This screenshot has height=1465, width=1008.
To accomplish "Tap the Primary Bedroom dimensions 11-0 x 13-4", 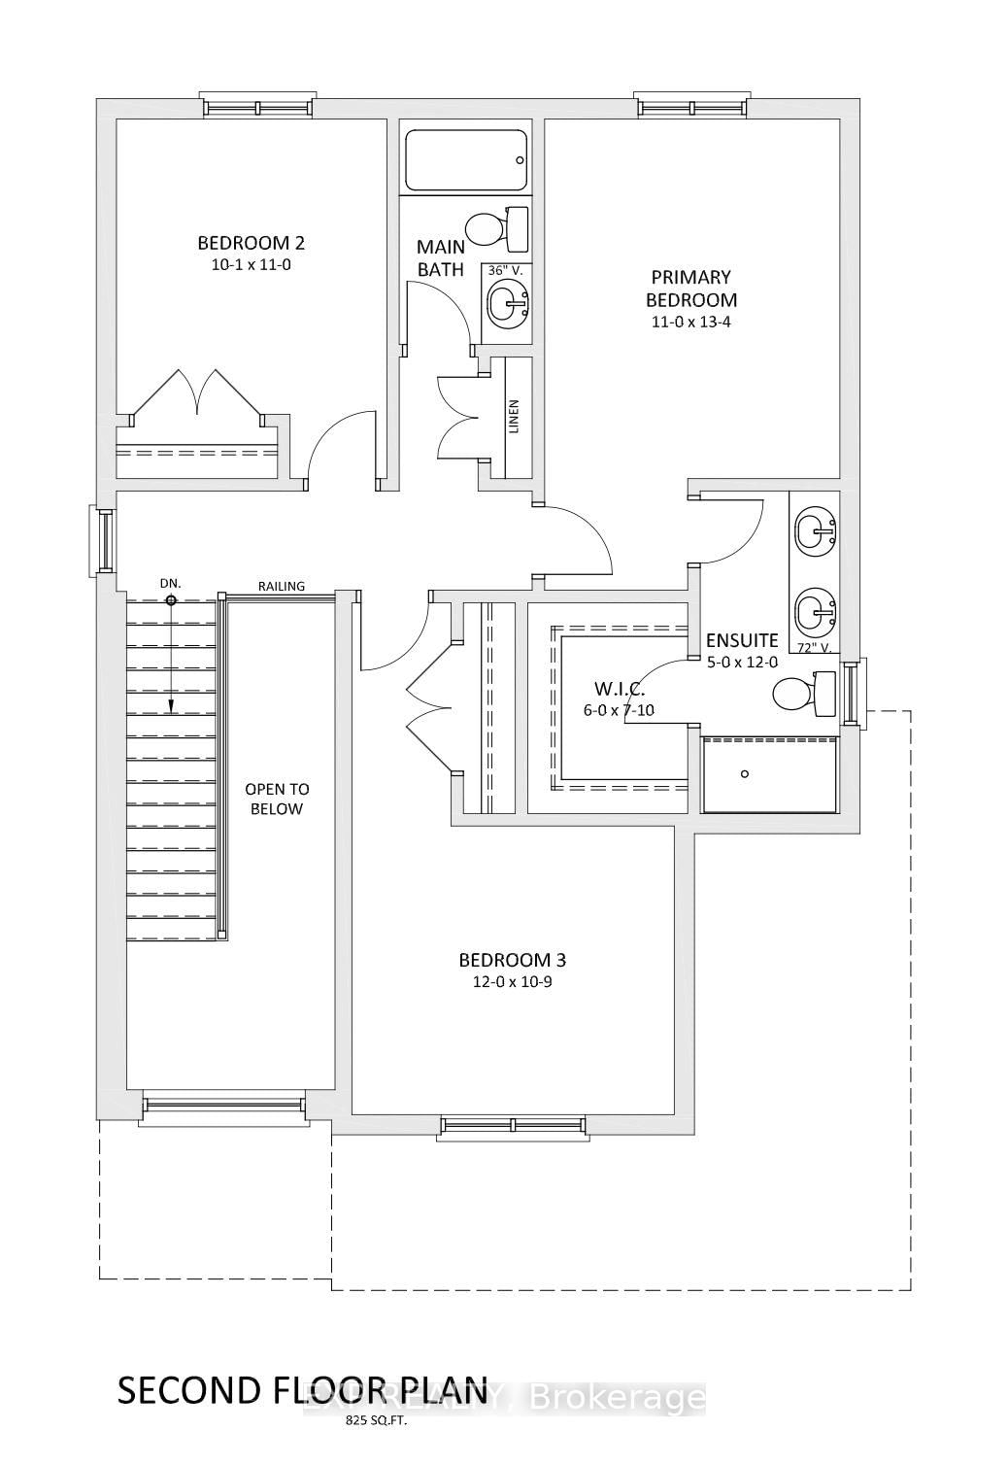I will pyautogui.click(x=690, y=322).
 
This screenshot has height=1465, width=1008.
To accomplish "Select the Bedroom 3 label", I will pyautogui.click(x=512, y=960).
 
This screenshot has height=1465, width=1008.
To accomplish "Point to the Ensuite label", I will pyautogui.click(x=742, y=640).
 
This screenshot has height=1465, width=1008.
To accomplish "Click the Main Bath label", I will pyautogui.click(x=440, y=258).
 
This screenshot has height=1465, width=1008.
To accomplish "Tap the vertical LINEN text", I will pyautogui.click(x=514, y=417).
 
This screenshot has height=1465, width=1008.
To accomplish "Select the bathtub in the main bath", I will pyautogui.click(x=466, y=160).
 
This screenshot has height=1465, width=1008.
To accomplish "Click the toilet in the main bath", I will pyautogui.click(x=495, y=229).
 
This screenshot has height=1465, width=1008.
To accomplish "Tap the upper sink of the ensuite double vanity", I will pyautogui.click(x=815, y=531).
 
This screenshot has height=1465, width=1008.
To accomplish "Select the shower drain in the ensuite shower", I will pyautogui.click(x=745, y=773).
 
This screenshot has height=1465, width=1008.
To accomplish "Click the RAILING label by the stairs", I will pyautogui.click(x=282, y=586).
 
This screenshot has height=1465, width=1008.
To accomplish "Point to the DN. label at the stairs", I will pyautogui.click(x=171, y=583).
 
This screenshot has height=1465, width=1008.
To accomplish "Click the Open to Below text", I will pyautogui.click(x=276, y=799).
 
